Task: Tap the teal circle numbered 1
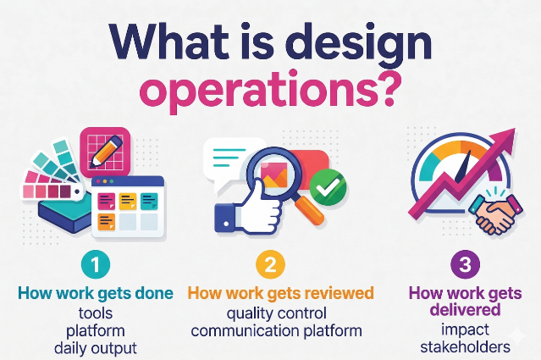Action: point(96,264)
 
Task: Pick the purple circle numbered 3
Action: point(465,264)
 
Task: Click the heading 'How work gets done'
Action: point(95,293)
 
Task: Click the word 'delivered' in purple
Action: point(464,310)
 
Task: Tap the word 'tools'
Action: point(95,313)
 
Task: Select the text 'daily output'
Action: point(95,347)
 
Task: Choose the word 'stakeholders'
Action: point(464,346)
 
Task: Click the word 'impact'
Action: point(464,329)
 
